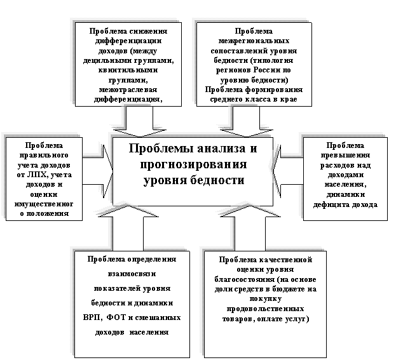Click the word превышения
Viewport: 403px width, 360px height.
coord(344,155)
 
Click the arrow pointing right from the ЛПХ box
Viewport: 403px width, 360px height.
coord(99,169)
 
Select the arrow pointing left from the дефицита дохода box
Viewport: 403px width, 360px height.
coord(291,169)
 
